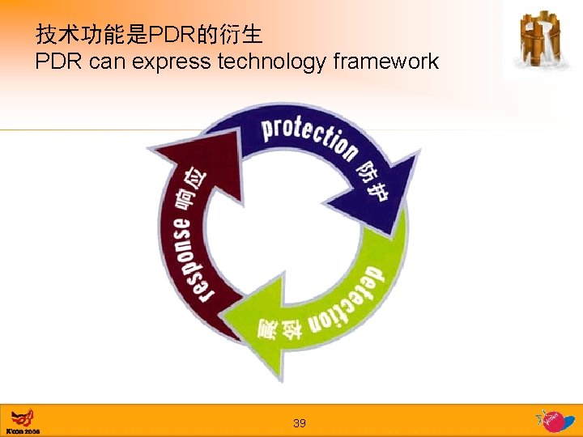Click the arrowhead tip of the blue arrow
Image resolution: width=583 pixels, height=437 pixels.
[x=398, y=235]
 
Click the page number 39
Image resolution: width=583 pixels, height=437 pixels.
[x=300, y=423]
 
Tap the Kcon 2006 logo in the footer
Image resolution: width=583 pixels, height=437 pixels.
[x=23, y=422]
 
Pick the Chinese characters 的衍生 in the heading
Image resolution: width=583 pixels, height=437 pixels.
[x=235, y=35]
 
